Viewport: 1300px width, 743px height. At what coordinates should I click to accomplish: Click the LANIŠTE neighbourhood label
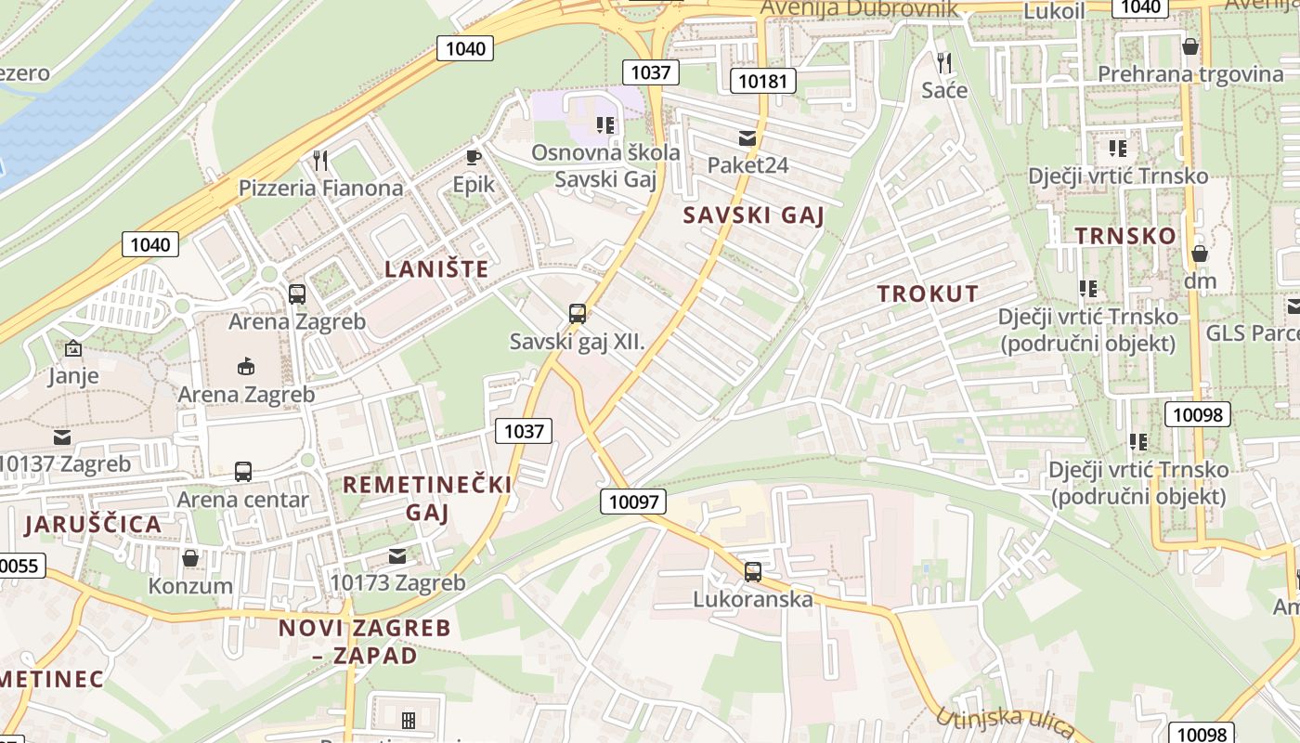click(x=436, y=269)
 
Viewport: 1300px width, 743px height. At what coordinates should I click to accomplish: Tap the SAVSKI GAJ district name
click(x=754, y=215)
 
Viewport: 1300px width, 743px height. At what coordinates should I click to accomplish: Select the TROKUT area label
click(x=928, y=293)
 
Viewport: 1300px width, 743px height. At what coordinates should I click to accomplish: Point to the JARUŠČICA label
click(x=93, y=524)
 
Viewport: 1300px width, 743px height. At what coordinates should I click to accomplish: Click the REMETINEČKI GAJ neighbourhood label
click(x=427, y=498)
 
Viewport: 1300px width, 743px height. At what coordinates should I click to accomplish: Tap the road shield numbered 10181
click(x=763, y=81)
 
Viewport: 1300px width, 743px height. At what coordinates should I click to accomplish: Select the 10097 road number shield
click(x=634, y=502)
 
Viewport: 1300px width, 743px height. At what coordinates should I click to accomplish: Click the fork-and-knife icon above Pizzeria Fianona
click(x=321, y=161)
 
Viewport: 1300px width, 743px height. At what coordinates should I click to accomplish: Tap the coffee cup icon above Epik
click(x=473, y=157)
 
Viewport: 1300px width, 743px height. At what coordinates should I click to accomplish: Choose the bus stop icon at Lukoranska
click(x=753, y=571)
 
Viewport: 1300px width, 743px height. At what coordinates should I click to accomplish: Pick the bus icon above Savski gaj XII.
click(x=578, y=314)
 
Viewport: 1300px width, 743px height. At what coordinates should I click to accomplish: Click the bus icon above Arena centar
click(x=243, y=472)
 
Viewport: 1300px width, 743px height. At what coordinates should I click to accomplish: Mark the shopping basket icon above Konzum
click(x=190, y=558)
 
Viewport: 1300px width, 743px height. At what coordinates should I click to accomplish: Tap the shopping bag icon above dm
click(x=1200, y=253)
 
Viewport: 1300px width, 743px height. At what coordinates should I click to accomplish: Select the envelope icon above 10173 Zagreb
click(x=397, y=556)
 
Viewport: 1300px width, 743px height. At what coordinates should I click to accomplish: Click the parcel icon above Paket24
click(x=747, y=138)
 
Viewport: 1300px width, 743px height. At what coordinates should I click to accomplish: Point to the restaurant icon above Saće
click(x=944, y=62)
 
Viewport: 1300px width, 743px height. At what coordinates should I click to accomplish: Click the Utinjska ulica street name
click(x=1006, y=719)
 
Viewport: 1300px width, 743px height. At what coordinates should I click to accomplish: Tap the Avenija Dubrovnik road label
click(x=859, y=9)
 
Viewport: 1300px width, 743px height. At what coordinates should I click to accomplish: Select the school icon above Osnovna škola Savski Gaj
click(x=605, y=124)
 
